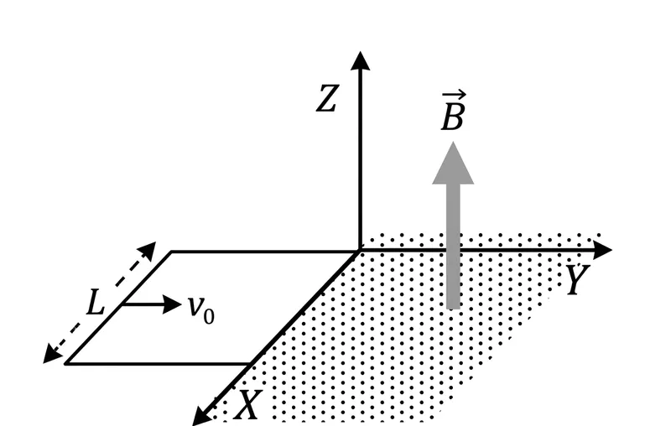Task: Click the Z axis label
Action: [x=328, y=98]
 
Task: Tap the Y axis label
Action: [x=578, y=279]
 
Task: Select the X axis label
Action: [x=248, y=404]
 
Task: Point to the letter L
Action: [x=96, y=303]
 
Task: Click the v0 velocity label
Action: [x=201, y=309]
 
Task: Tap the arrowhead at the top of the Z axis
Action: [x=361, y=60]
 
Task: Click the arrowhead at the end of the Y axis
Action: [x=602, y=250]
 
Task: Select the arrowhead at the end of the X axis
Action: [x=200, y=416]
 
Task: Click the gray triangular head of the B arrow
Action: [x=453, y=164]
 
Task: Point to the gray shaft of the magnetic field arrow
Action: [x=453, y=247]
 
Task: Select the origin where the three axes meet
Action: [x=360, y=250]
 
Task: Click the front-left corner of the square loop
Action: [x=66, y=364]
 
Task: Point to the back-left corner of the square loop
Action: [x=171, y=252]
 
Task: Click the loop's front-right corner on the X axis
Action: [x=251, y=364]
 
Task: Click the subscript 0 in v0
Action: [x=209, y=317]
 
